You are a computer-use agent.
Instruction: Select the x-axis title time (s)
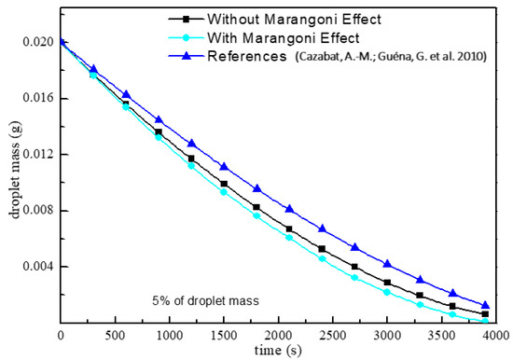point(278,349)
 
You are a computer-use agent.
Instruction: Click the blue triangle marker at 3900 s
point(485,305)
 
